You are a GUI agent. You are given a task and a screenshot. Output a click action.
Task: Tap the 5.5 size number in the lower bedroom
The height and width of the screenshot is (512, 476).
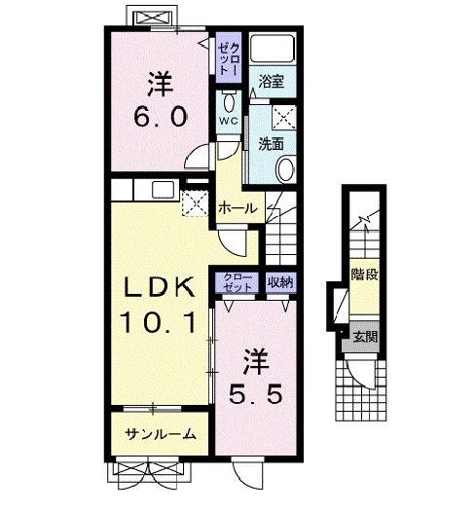coord(257,397)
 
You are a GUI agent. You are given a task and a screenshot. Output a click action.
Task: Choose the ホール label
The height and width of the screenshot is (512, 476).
coord(237,207)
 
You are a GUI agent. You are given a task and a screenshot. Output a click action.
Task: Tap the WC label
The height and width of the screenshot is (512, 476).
coord(227,121)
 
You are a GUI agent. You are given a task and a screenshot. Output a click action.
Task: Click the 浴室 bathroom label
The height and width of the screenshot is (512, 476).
coord(272,85)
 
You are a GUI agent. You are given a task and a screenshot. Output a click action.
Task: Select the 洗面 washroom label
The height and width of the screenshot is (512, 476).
coord(272,143)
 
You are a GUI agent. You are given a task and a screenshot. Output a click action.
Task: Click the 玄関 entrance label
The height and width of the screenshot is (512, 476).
coord(366,338)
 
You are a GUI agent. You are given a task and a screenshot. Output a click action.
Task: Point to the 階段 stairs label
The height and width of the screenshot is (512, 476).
coord(366,275)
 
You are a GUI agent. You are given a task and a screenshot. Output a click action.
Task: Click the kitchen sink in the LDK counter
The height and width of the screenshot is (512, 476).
coord(162,189)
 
